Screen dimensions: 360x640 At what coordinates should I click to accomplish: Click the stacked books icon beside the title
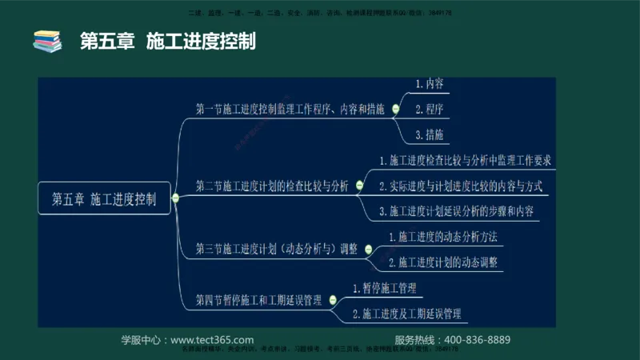point(46,41)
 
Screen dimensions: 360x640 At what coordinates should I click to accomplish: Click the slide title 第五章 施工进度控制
point(167,41)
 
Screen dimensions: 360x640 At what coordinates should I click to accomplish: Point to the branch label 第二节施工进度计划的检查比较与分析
point(272,186)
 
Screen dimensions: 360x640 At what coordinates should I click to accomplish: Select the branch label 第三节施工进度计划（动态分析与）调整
point(277,249)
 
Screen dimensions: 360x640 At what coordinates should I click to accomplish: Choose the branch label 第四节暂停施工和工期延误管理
point(258,301)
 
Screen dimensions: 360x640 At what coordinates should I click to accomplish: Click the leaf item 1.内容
point(430,83)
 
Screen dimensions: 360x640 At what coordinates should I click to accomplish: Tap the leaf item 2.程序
point(430,108)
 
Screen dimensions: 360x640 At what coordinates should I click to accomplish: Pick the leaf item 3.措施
point(430,134)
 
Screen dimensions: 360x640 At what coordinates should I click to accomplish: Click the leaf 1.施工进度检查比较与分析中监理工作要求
point(465,161)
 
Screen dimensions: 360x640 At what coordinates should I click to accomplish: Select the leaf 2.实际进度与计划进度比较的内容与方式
point(461,186)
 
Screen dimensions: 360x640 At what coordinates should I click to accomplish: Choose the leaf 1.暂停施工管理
point(384,287)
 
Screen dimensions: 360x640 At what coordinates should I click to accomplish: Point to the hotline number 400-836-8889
point(477,340)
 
